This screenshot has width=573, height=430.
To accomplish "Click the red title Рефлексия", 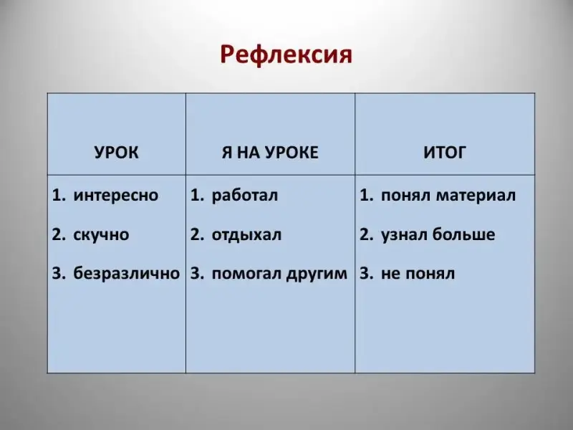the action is pyautogui.click(x=286, y=55).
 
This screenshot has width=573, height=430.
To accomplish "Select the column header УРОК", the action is pyautogui.click(x=117, y=152).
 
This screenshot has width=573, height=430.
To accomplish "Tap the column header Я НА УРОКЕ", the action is pyautogui.click(x=270, y=152).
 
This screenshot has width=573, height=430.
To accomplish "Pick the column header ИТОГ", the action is pyautogui.click(x=445, y=152).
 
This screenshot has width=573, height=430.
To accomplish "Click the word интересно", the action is pyautogui.click(x=116, y=195).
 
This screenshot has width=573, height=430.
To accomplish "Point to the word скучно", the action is pyautogui.click(x=101, y=235).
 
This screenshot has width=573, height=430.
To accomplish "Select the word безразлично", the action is pyautogui.click(x=127, y=273).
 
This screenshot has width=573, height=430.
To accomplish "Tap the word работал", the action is pyautogui.click(x=245, y=194).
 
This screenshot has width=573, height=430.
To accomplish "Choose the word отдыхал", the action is pyautogui.click(x=246, y=235).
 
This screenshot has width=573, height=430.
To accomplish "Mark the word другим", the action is pyautogui.click(x=317, y=274).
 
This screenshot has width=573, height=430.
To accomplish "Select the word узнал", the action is pyautogui.click(x=404, y=235).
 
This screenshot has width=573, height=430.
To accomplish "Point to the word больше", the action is pyautogui.click(x=463, y=234).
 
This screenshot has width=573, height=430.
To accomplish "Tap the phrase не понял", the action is pyautogui.click(x=418, y=274).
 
